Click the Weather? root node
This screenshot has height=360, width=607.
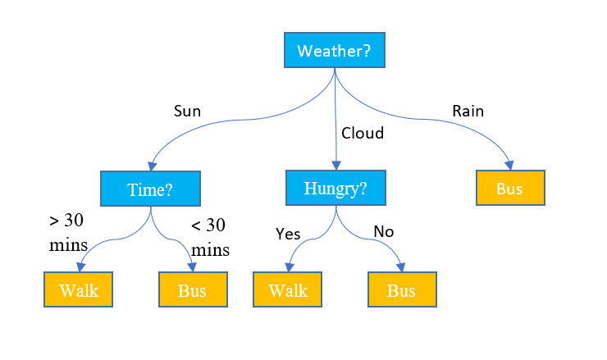tap(334, 51)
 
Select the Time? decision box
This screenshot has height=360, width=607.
tap(150, 189)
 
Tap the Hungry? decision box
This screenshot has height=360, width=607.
tap(335, 188)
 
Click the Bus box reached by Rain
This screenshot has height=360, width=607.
tap(509, 188)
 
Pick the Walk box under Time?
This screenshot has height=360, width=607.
tap(77, 290)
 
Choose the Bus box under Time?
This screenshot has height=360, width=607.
tap(192, 290)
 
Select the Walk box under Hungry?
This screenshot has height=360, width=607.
tap(287, 290)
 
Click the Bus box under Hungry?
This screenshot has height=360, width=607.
tap(401, 290)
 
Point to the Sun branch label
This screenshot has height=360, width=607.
tap(187, 112)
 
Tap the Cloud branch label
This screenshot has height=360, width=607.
tap(362, 133)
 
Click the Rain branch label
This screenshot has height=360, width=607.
tap(468, 111)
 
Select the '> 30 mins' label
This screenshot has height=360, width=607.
tap(66, 232)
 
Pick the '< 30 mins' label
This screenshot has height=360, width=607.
tap(209, 238)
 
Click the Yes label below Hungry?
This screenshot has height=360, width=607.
tap(288, 234)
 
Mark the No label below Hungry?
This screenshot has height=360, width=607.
tap(383, 232)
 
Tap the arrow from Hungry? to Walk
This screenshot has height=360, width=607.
tap(308, 239)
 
